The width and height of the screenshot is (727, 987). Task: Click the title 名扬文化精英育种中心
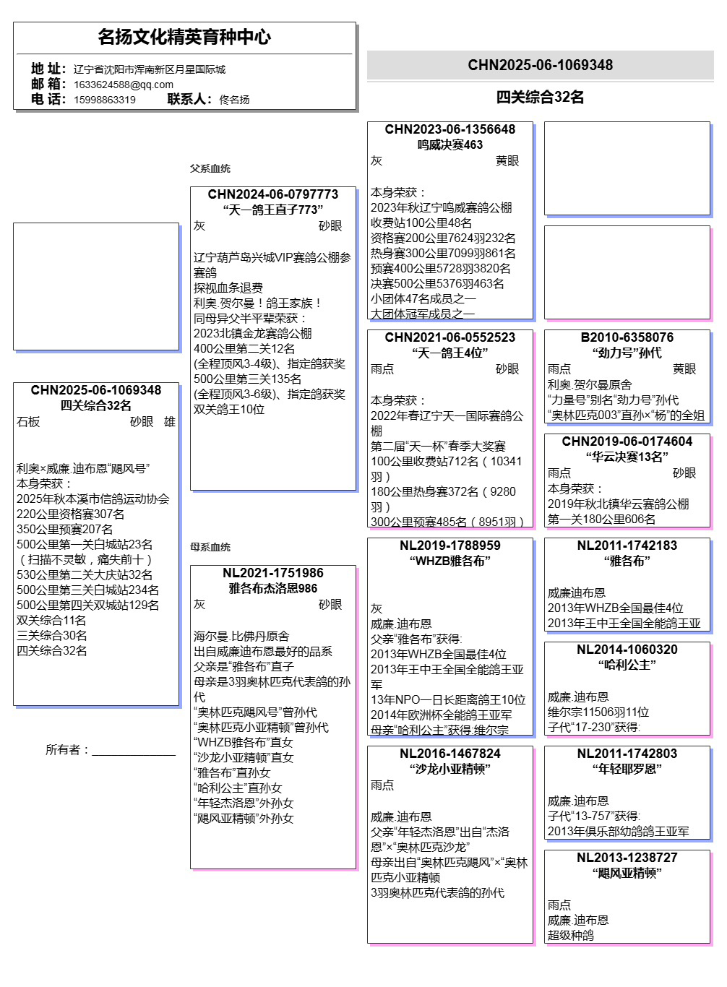[184, 37]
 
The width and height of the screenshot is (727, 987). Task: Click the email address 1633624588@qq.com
[123, 85]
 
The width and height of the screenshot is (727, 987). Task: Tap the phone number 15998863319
[105, 100]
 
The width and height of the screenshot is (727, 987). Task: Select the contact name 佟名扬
[234, 100]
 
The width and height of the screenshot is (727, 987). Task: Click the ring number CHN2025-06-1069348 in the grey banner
[540, 65]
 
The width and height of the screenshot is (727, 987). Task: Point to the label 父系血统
[210, 168]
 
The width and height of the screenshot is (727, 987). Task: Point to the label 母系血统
[210, 547]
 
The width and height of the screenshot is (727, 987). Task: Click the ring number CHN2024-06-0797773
[272, 194]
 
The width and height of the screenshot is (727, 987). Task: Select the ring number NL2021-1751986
[272, 573]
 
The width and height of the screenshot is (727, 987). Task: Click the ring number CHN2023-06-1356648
[449, 129]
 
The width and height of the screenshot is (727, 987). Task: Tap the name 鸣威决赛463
[449, 145]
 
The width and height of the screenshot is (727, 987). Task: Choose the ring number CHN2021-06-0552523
[449, 337]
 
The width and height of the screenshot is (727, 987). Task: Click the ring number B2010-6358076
[627, 337]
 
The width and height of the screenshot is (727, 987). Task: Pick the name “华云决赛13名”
[627, 457]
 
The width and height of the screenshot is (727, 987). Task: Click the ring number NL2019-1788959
[449, 546]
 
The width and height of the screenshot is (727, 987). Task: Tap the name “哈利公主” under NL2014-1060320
[627, 665]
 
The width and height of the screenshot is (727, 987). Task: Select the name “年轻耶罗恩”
[627, 769]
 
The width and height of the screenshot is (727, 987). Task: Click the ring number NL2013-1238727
[627, 858]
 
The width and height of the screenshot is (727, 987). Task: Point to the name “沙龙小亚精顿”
[449, 769]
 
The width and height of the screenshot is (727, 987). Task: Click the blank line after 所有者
[134, 751]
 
